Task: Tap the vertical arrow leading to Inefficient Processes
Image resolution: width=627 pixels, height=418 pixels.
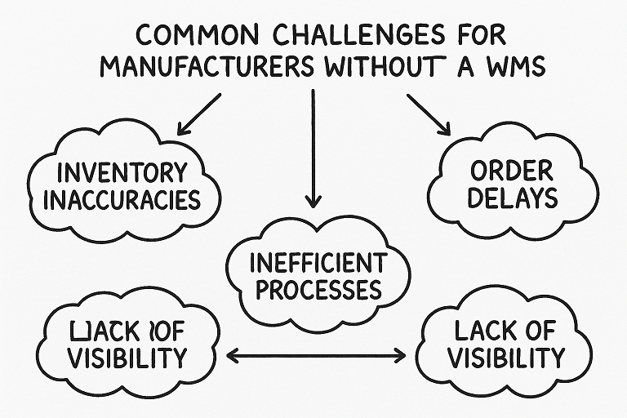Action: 313,147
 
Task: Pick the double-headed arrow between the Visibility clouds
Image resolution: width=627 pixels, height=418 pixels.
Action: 315,355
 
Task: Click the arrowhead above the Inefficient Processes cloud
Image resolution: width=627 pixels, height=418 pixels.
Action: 313,199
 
